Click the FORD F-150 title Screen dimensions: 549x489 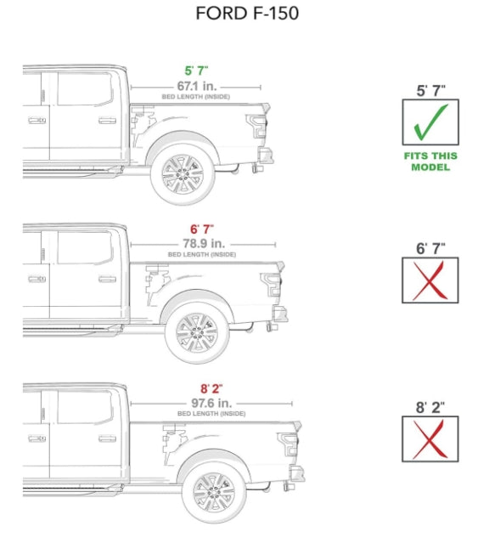(246, 14)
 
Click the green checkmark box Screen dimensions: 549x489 (430, 122)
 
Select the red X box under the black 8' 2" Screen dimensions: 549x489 (430, 439)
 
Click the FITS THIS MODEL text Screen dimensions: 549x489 (430, 161)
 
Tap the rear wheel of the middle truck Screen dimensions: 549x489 (197, 332)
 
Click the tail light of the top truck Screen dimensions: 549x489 (256, 127)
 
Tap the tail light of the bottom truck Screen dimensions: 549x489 (289, 444)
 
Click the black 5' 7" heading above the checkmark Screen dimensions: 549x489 (430, 88)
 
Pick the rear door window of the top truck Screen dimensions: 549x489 (84, 89)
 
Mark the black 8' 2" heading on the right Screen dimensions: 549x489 (430, 406)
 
